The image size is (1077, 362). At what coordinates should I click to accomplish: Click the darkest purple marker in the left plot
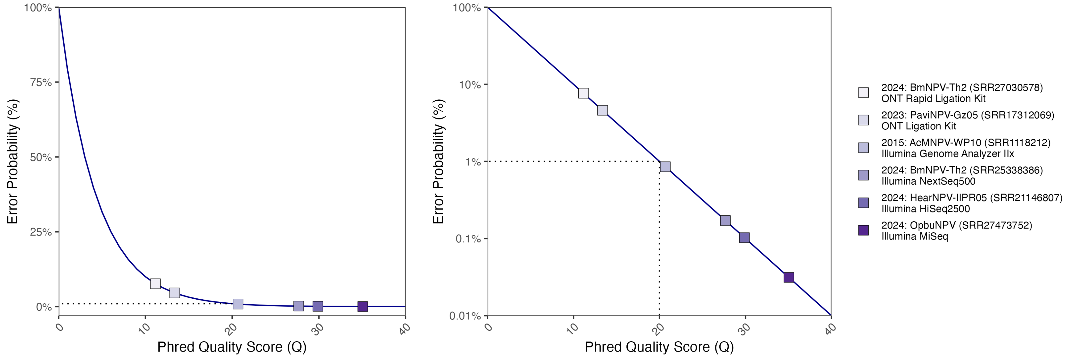pyautogui.click(x=363, y=306)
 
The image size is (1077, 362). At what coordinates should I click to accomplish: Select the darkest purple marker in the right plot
pyautogui.click(x=789, y=277)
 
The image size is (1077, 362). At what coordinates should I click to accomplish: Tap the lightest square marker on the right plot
pyautogui.click(x=583, y=93)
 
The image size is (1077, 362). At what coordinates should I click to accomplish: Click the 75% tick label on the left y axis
pyautogui.click(x=41, y=82)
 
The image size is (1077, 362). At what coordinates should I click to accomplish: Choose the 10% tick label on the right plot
pyautogui.click(x=470, y=85)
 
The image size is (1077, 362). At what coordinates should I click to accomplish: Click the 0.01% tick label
pyautogui.click(x=465, y=316)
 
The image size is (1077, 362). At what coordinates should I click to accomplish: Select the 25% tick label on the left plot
pyautogui.click(x=41, y=232)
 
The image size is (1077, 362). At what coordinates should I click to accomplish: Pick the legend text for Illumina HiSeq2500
pyautogui.click(x=926, y=209)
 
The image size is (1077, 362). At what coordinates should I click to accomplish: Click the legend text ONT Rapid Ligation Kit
pyautogui.click(x=933, y=99)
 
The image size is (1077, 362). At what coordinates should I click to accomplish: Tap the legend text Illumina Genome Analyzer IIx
pyautogui.click(x=947, y=154)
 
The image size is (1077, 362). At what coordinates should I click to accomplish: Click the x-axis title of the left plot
pyautogui.click(x=232, y=347)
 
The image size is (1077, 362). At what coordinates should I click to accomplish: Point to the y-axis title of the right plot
pyautogui.click(x=438, y=161)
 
